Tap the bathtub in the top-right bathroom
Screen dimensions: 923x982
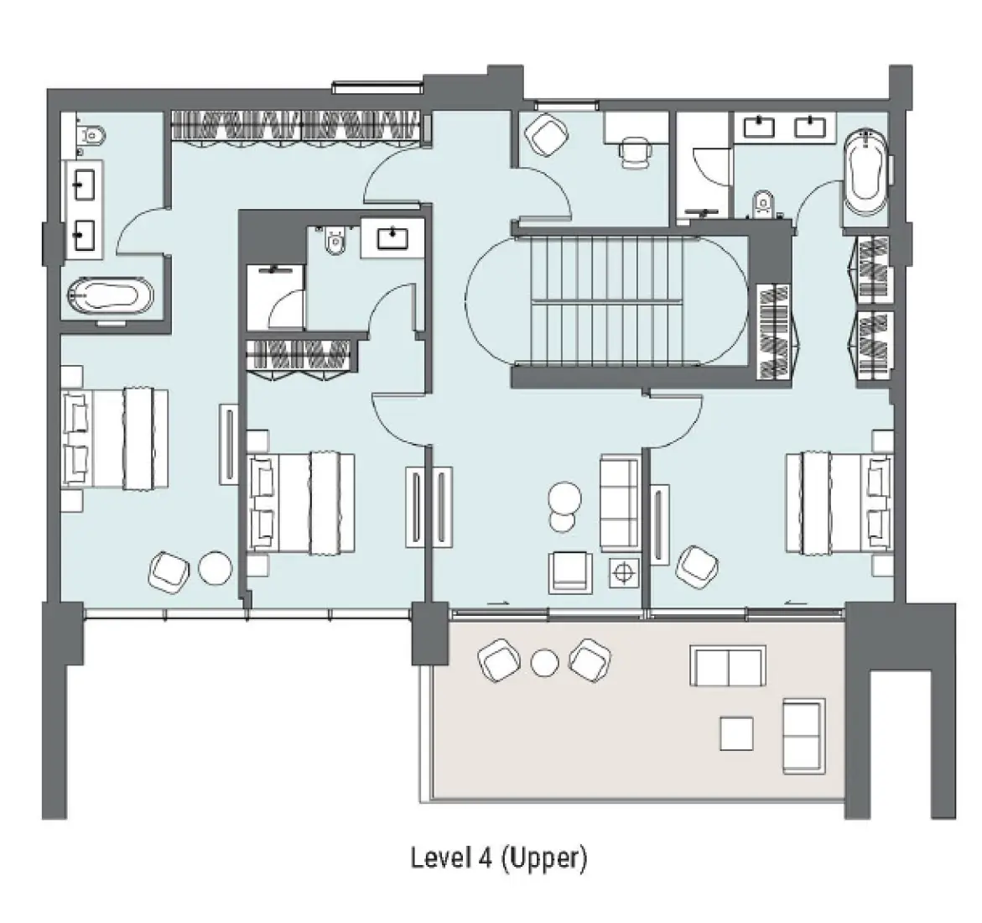coord(864,172)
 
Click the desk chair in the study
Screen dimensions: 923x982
coord(634,153)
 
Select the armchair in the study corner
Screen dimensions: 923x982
coord(545,134)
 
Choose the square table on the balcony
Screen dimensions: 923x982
coord(736,734)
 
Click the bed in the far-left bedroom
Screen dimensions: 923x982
coord(115,438)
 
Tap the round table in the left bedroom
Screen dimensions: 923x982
coord(216,570)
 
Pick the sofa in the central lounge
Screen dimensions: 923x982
coord(621,502)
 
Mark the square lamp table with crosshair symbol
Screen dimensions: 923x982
coord(622,573)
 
